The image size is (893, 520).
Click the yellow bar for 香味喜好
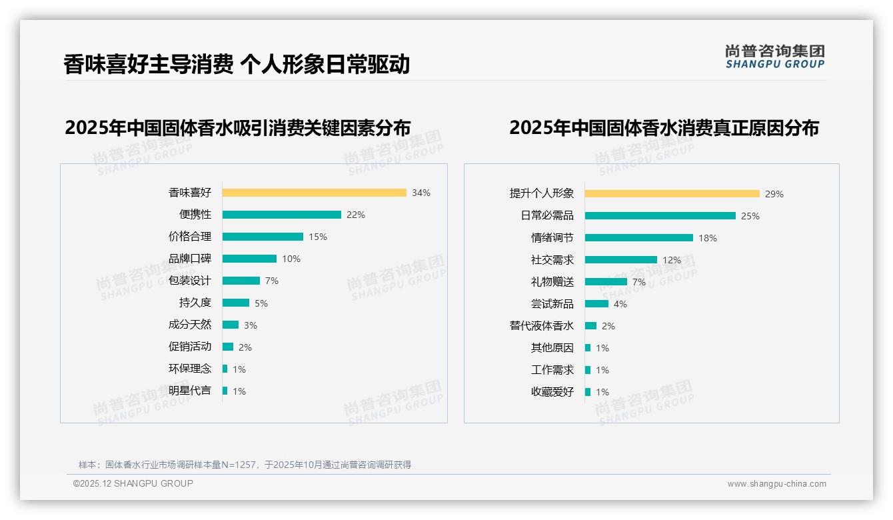pyautogui.click(x=314, y=193)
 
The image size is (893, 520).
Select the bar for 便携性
pyautogui.click(x=281, y=215)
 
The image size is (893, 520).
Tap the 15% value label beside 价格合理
pyautogui.click(x=318, y=237)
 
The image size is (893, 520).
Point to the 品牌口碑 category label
pyautogui.click(x=190, y=259)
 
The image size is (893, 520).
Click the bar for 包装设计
pyautogui.click(x=241, y=281)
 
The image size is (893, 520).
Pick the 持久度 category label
pyautogui.click(x=195, y=303)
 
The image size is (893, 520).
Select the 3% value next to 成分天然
pyautogui.click(x=250, y=325)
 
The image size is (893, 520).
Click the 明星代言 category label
pyautogui.click(x=190, y=391)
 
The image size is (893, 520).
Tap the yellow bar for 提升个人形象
pyautogui.click(x=672, y=194)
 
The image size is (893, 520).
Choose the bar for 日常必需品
pyautogui.click(x=660, y=216)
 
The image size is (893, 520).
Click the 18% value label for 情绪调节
pyautogui.click(x=708, y=238)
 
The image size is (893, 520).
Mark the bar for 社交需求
pyautogui.click(x=620, y=260)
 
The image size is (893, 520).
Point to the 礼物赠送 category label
pyautogui.click(x=552, y=282)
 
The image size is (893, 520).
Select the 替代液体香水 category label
pyautogui.click(x=542, y=326)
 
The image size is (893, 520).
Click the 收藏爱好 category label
pyautogui.click(x=552, y=392)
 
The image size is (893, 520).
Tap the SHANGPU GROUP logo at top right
pyautogui.click(x=775, y=57)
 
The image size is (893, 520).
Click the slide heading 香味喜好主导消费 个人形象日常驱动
pyautogui.click(x=237, y=64)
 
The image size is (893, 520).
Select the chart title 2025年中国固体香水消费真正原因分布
pyautogui.click(x=664, y=127)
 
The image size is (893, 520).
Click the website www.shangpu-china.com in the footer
pyautogui.click(x=776, y=484)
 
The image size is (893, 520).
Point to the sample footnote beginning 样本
pyautogui.click(x=245, y=465)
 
